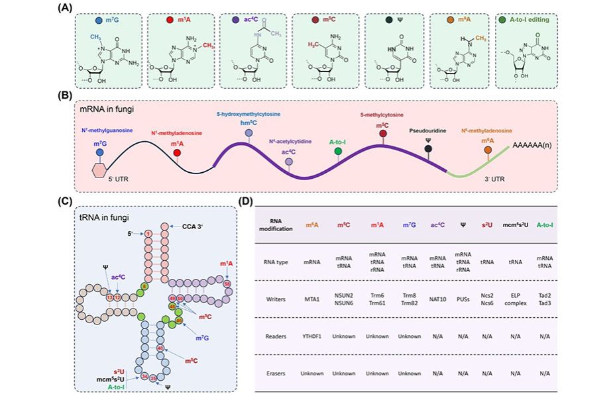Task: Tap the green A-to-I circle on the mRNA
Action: tap(339, 152)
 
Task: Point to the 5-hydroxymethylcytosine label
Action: tap(249, 114)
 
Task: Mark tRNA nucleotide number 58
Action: tap(227, 283)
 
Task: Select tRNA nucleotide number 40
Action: tap(161, 346)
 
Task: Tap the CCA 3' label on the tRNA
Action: tap(195, 226)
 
